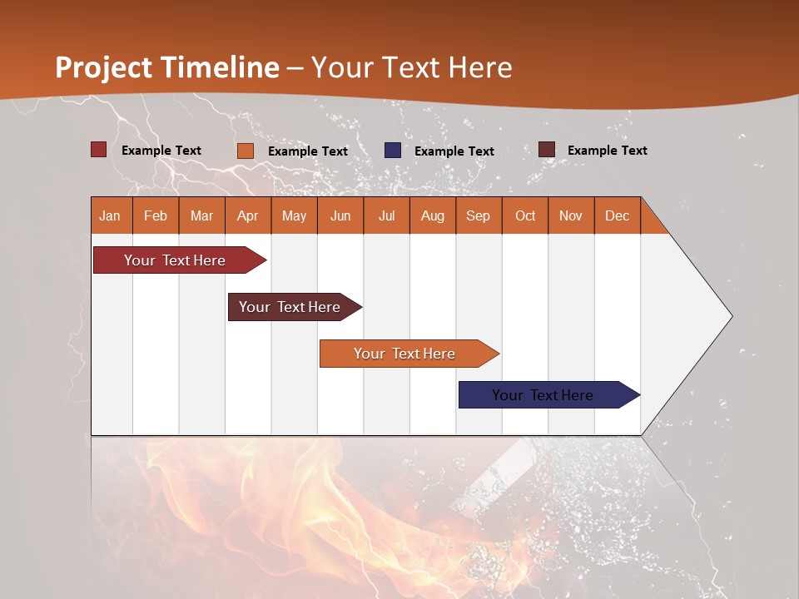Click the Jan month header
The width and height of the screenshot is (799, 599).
pos(110,216)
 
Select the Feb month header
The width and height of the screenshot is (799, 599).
pos(156,216)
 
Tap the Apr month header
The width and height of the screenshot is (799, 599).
pos(248,216)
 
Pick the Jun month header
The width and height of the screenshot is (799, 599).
pos(340,216)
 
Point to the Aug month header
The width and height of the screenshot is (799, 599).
pos(433,216)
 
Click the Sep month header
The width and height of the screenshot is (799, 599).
pos(479,216)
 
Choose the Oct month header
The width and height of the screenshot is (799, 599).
pos(525,216)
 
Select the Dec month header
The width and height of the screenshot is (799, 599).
pos(618,216)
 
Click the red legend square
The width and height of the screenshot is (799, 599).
pos(98,150)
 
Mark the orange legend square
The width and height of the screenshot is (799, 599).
pos(245,151)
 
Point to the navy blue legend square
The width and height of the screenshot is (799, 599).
pos(393,151)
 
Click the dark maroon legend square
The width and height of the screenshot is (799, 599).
pos(546,150)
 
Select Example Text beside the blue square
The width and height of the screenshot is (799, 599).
pos(454,151)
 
